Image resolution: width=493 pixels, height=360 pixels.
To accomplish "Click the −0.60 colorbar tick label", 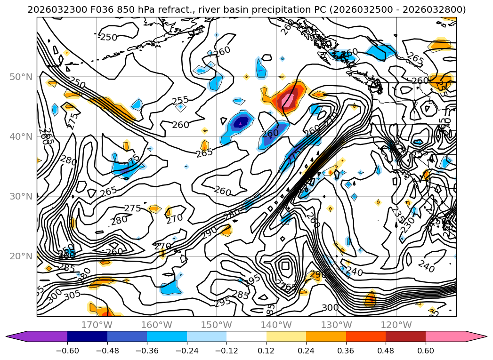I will click(67, 351).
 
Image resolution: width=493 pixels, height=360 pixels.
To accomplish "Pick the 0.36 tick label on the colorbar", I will click(346, 351).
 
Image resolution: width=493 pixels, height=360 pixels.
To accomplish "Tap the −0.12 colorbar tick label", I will click(226, 351).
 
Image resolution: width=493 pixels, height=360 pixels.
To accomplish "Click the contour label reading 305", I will click(72, 295).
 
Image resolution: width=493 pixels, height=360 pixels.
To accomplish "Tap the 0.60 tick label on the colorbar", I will click(426, 351).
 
